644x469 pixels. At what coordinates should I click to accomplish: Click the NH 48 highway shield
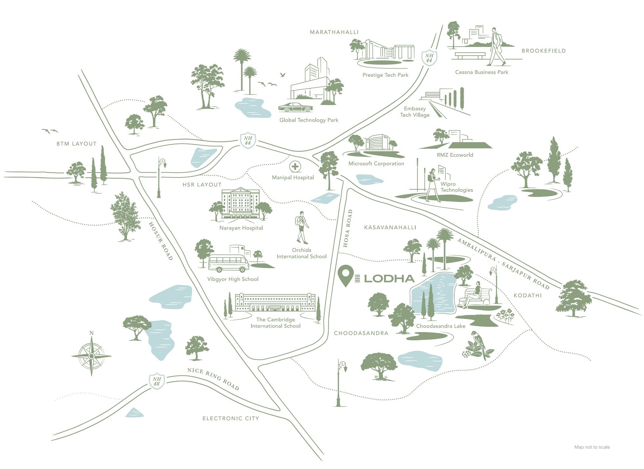point(157,381)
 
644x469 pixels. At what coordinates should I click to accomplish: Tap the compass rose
point(91,356)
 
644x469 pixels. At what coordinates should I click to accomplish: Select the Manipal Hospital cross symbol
point(295,167)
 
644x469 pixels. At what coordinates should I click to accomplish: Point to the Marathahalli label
point(334,32)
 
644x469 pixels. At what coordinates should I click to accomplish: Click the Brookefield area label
point(544,51)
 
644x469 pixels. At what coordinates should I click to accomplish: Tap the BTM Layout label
point(76,144)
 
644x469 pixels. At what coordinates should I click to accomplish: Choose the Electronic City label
point(231,418)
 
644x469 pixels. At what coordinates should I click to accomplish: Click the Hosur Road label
point(161,241)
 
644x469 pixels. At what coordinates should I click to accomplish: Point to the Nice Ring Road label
point(213,379)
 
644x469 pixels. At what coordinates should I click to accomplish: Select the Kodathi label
point(527,296)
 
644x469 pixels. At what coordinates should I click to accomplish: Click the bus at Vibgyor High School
point(229,263)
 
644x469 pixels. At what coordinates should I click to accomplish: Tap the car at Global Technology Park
point(296,107)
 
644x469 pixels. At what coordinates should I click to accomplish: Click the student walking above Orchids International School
point(302,228)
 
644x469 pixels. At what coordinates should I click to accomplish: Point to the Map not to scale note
point(592,447)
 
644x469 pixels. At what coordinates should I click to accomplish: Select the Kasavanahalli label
point(390,228)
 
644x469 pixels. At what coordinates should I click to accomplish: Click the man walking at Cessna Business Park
point(497,46)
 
